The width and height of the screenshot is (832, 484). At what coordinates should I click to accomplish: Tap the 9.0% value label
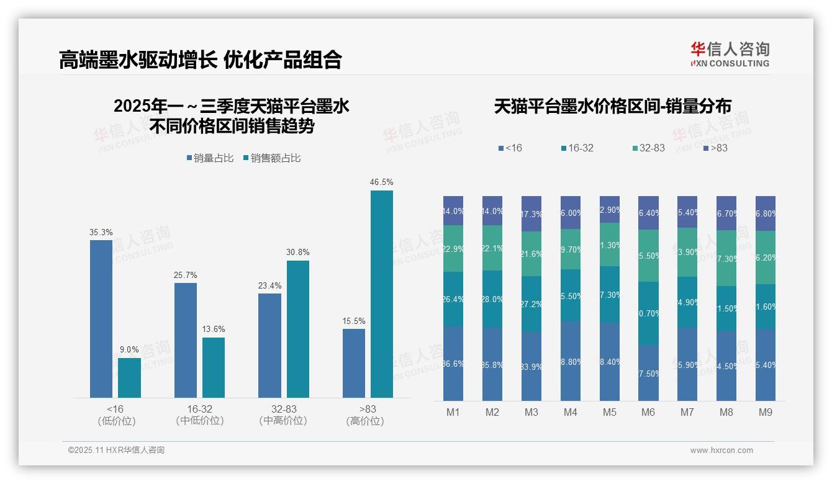[x=129, y=349]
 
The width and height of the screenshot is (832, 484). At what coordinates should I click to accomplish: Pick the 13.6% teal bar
[x=214, y=367]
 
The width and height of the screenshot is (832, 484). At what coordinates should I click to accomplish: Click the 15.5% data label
[x=354, y=321]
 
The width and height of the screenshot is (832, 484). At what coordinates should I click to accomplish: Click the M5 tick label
[x=609, y=412]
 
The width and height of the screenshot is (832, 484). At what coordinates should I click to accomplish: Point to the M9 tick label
[x=766, y=412]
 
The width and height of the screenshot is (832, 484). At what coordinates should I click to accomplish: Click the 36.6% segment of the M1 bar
[x=453, y=364]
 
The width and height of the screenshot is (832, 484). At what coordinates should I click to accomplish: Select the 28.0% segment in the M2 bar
[x=492, y=299]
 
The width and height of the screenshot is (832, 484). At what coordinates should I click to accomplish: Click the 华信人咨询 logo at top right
[x=730, y=54]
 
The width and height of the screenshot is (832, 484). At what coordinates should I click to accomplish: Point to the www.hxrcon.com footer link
[x=721, y=450]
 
